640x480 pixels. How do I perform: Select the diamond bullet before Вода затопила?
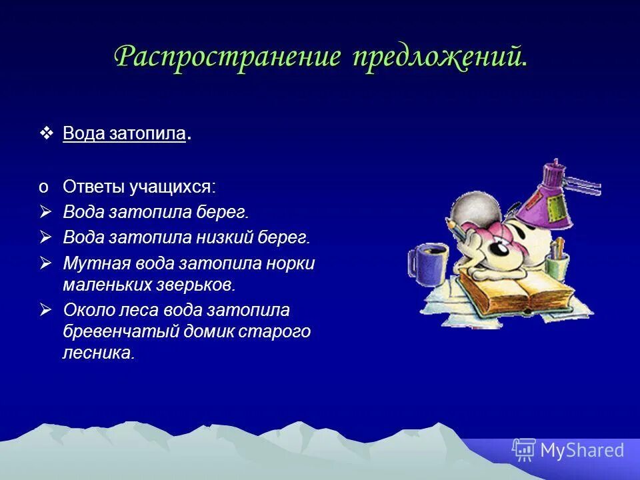click(46, 133)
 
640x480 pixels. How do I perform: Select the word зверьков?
click(203, 285)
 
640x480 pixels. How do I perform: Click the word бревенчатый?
click(117, 331)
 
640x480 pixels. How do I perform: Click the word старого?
click(279, 331)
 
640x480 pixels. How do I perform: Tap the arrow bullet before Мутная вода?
click(45, 263)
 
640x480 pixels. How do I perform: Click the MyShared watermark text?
click(581, 451)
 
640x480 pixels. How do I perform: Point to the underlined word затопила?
click(153, 133)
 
